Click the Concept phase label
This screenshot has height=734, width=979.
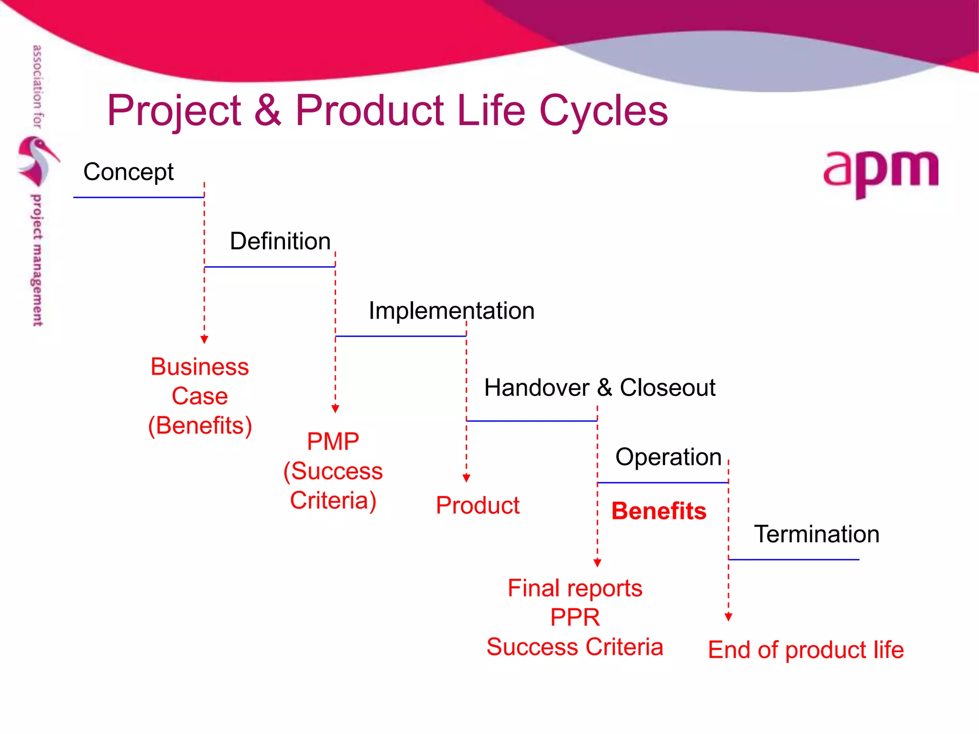tap(128, 172)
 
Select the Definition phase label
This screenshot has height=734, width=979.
tap(280, 241)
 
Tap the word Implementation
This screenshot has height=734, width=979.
tap(451, 311)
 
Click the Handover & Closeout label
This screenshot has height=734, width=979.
tap(599, 388)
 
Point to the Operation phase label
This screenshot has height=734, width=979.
tap(668, 457)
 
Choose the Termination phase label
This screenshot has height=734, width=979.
tap(816, 534)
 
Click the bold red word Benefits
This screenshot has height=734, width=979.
tap(659, 511)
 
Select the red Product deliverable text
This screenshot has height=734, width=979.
tap(478, 506)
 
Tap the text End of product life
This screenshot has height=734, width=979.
tap(806, 650)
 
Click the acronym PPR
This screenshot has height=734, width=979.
tap(575, 617)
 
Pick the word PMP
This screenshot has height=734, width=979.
tap(333, 442)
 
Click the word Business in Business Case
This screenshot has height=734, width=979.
tap(200, 367)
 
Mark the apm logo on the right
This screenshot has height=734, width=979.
tap(881, 172)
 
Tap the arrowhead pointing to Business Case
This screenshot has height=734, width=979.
tap(205, 339)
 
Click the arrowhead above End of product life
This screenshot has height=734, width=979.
tap(729, 617)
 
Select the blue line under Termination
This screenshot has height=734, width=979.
tap(794, 560)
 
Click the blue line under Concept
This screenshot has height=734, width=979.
tap(139, 197)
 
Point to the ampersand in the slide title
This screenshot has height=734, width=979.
tap(268, 111)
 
